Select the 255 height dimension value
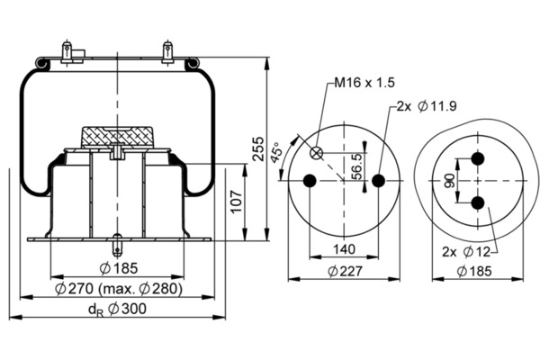coord(257,148)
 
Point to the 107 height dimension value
coord(237,203)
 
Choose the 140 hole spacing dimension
coord(343,250)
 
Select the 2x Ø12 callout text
coord(467,250)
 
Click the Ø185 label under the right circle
coord(478,272)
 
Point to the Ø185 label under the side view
coord(117,268)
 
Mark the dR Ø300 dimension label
coord(117,309)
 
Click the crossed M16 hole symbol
coord(316,152)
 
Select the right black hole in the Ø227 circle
coord(378,181)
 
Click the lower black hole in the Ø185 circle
coord(478,202)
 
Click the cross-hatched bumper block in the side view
coord(118,136)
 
